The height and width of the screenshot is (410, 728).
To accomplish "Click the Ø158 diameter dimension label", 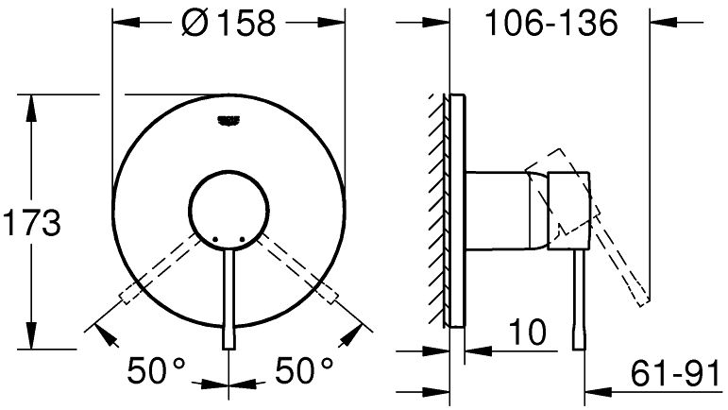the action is click(229, 23).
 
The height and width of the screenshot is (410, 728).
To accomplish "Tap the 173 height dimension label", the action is click(31, 223).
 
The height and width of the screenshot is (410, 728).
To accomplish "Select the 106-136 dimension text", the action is click(551, 23).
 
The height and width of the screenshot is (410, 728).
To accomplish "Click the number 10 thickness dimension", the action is click(528, 332).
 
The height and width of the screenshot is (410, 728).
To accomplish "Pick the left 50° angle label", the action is click(157, 371).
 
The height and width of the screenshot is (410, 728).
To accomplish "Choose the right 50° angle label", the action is click(304, 371).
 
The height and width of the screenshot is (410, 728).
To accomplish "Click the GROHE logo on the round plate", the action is click(229, 121).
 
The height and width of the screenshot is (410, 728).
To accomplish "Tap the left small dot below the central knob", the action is click(215, 239).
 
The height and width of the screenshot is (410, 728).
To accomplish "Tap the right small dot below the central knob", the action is click(242, 239).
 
